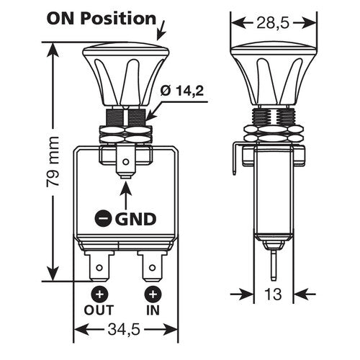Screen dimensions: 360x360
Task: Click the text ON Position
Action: click(x=102, y=18)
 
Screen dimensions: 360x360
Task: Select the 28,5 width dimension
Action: click(x=272, y=23)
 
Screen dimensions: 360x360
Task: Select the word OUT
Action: click(x=99, y=310)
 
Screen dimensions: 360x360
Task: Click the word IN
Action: click(x=152, y=310)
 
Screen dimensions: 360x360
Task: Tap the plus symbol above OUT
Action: click(x=99, y=293)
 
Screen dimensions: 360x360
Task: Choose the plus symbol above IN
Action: click(x=152, y=293)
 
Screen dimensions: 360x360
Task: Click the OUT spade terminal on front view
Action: click(x=99, y=268)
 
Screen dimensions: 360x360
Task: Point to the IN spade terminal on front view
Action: click(x=152, y=268)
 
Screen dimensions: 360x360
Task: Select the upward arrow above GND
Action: click(x=125, y=192)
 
